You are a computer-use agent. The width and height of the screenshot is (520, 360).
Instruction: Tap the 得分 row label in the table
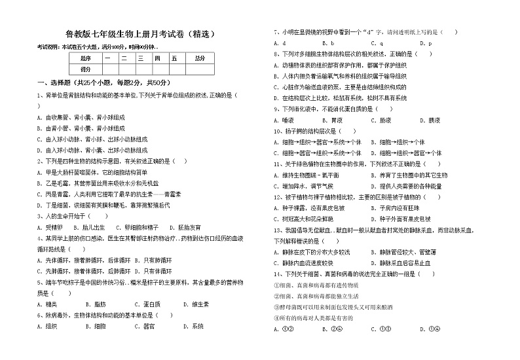click(86, 69)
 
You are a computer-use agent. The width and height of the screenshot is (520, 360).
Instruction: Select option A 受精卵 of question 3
click(52, 226)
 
